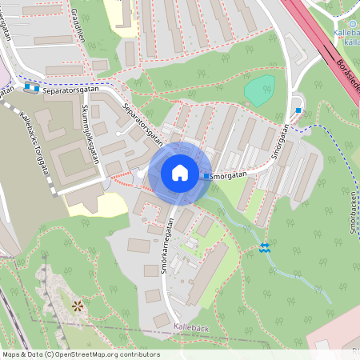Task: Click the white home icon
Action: pos(179,173)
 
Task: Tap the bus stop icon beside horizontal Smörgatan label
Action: pos(206,176)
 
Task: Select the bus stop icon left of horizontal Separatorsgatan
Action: pos(31,88)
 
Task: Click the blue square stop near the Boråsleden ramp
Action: pos(298,110)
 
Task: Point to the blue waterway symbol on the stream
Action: pos(265,247)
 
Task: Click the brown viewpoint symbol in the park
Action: pos(78,306)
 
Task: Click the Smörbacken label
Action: pos(351,217)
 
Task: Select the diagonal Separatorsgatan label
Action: pos(145,123)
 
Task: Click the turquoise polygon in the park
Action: pos(259,89)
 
